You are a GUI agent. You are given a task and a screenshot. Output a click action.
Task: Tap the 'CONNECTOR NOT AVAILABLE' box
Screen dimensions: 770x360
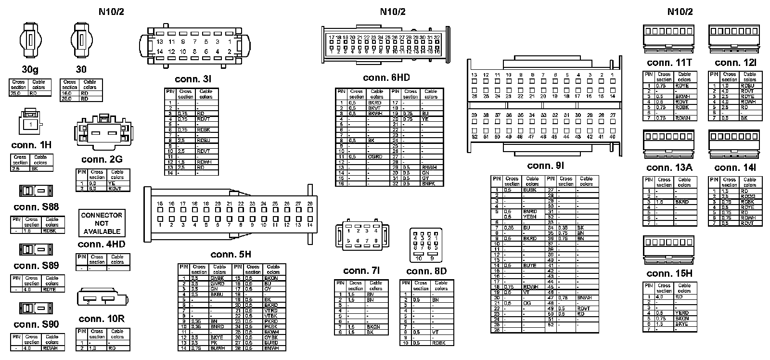coord(102,223)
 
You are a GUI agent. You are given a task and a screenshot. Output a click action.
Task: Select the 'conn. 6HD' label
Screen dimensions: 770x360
coord(386,78)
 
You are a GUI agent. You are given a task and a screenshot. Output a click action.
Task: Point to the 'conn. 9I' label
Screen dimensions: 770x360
coord(545,166)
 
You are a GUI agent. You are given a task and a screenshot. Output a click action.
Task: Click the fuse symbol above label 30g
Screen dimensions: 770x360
coord(30,40)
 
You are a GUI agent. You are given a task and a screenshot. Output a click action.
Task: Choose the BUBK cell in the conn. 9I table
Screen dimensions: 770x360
coord(530,190)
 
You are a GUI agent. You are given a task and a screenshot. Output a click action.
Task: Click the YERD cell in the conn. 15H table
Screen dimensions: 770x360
coord(682,313)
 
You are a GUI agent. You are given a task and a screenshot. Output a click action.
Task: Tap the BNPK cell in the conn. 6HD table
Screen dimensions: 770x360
coord(428,183)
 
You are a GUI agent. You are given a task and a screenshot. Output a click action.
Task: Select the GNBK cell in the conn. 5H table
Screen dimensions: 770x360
coord(217,278)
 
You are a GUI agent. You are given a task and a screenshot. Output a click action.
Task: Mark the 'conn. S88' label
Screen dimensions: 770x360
coord(36,207)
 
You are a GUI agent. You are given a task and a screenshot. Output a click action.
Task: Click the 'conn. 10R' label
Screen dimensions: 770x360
coord(102,319)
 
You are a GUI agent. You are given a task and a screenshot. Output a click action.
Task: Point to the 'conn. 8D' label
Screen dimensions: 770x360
coord(426,271)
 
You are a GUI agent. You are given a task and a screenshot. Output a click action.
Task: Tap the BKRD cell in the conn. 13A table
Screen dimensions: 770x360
coord(682,202)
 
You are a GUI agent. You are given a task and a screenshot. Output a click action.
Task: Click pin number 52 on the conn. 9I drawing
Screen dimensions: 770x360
coord(474,137)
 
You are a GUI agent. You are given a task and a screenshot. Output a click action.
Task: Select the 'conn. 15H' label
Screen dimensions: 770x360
coord(669,274)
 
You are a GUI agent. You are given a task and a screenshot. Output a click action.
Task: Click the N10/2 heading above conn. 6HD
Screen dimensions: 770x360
coord(392,12)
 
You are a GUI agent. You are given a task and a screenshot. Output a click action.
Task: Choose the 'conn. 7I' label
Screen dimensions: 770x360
coord(362,271)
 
